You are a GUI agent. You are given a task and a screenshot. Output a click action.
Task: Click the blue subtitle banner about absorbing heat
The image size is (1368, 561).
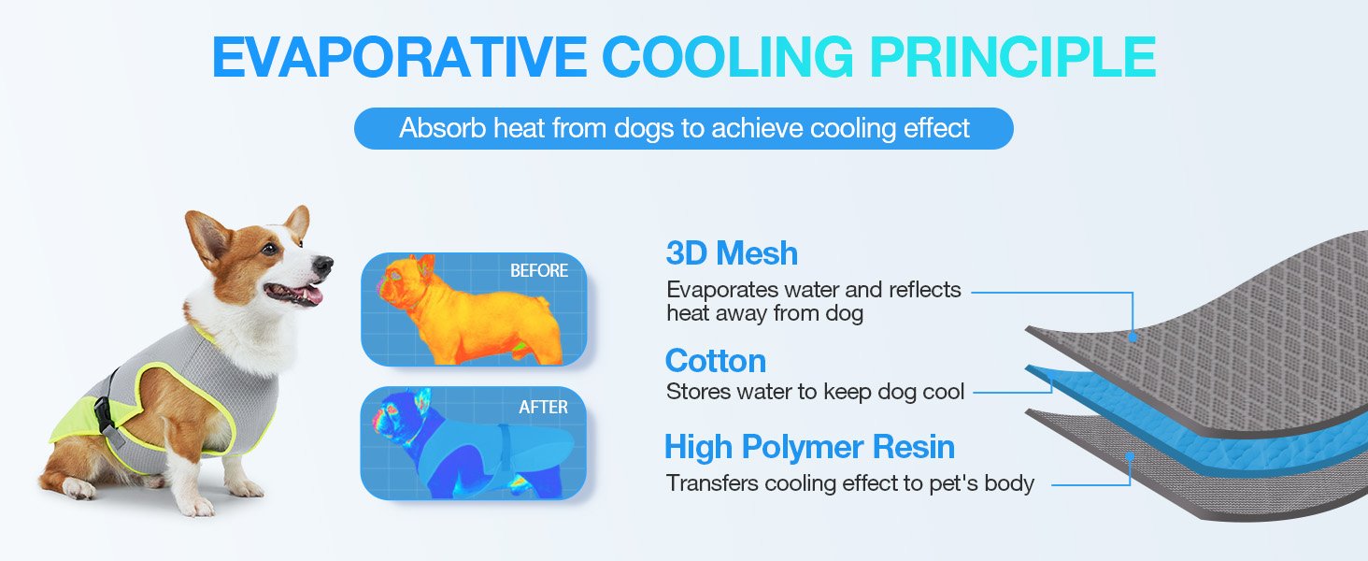pos(683,128)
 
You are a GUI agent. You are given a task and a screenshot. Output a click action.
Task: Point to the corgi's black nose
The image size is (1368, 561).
pos(324,266)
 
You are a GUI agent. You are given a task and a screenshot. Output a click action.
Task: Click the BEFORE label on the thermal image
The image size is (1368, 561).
pos(538,271)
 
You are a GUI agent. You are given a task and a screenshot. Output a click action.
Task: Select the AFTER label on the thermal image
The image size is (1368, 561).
pos(543,407)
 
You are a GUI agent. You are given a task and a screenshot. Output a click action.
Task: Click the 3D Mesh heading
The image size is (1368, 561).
pos(732,253)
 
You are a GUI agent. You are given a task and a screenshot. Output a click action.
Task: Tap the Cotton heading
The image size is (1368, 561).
pos(715,361)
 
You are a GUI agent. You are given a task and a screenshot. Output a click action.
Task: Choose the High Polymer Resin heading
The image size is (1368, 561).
pos(809,447)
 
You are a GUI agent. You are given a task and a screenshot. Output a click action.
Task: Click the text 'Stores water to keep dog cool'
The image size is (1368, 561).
pos(815,392)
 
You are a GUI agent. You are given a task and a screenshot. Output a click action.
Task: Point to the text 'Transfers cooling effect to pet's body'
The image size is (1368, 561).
pos(849,483)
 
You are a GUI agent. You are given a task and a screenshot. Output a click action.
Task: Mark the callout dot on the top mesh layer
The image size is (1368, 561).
pos(1133,337)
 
